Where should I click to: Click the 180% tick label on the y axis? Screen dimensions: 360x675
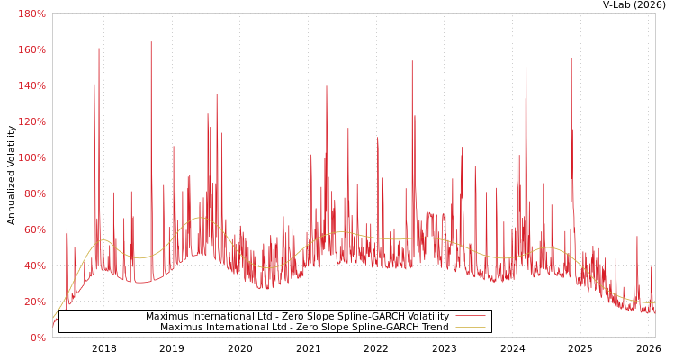(31, 13)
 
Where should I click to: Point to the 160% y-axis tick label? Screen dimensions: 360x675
(31, 49)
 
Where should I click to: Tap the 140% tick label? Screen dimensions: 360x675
(31, 85)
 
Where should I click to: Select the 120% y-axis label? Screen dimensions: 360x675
(31, 121)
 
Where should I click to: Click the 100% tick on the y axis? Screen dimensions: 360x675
(31, 157)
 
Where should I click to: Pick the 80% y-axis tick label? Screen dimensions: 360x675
(34, 193)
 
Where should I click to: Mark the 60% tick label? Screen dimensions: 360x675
(34, 229)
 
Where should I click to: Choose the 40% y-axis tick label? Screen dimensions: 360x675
(34, 265)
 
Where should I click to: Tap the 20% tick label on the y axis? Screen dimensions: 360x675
(34, 301)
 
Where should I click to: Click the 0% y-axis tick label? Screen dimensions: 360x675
(38, 337)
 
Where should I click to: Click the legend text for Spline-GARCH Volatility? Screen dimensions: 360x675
(297, 317)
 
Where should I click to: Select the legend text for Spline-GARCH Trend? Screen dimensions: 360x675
(304, 328)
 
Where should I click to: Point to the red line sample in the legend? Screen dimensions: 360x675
(470, 317)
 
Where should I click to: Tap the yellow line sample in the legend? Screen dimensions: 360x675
(470, 328)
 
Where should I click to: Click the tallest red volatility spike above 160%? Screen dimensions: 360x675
(151, 43)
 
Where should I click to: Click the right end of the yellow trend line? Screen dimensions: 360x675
(654, 303)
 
